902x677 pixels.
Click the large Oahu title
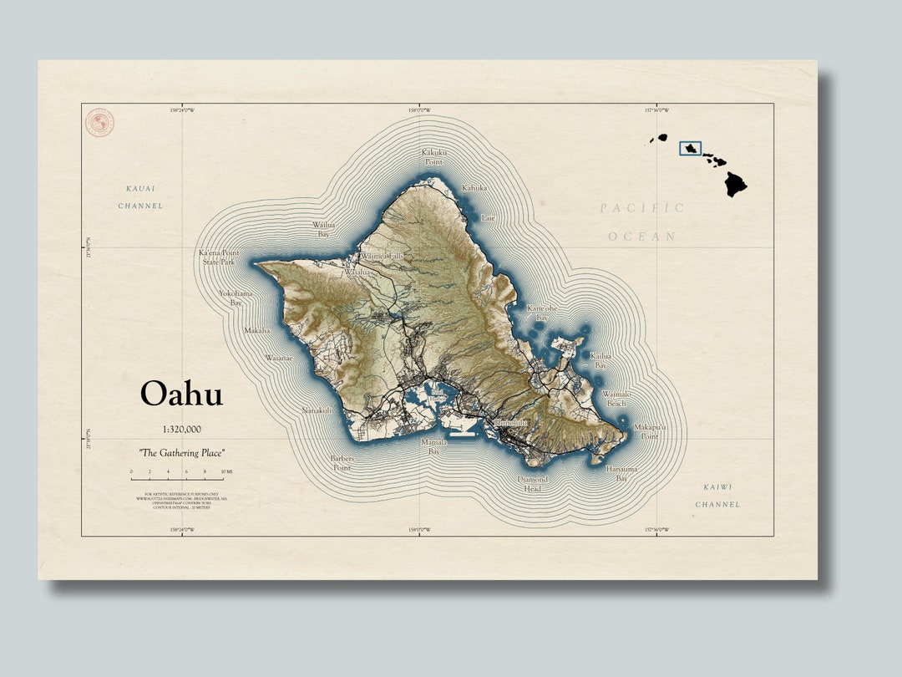(181, 394)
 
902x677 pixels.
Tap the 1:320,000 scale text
(181, 429)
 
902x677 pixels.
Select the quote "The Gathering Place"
(182, 452)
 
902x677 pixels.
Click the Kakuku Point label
(433, 156)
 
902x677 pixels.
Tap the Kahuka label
(474, 188)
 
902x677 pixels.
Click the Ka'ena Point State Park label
(219, 257)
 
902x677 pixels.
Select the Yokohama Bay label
(236, 298)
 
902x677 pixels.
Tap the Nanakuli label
(317, 410)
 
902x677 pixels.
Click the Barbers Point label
(342, 463)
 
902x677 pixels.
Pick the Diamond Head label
(533, 484)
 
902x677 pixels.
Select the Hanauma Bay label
(621, 474)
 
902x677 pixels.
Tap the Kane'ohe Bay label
(541, 313)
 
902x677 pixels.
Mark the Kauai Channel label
(140, 197)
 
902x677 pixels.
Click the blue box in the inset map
(690, 148)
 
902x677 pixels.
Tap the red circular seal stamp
(99, 123)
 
